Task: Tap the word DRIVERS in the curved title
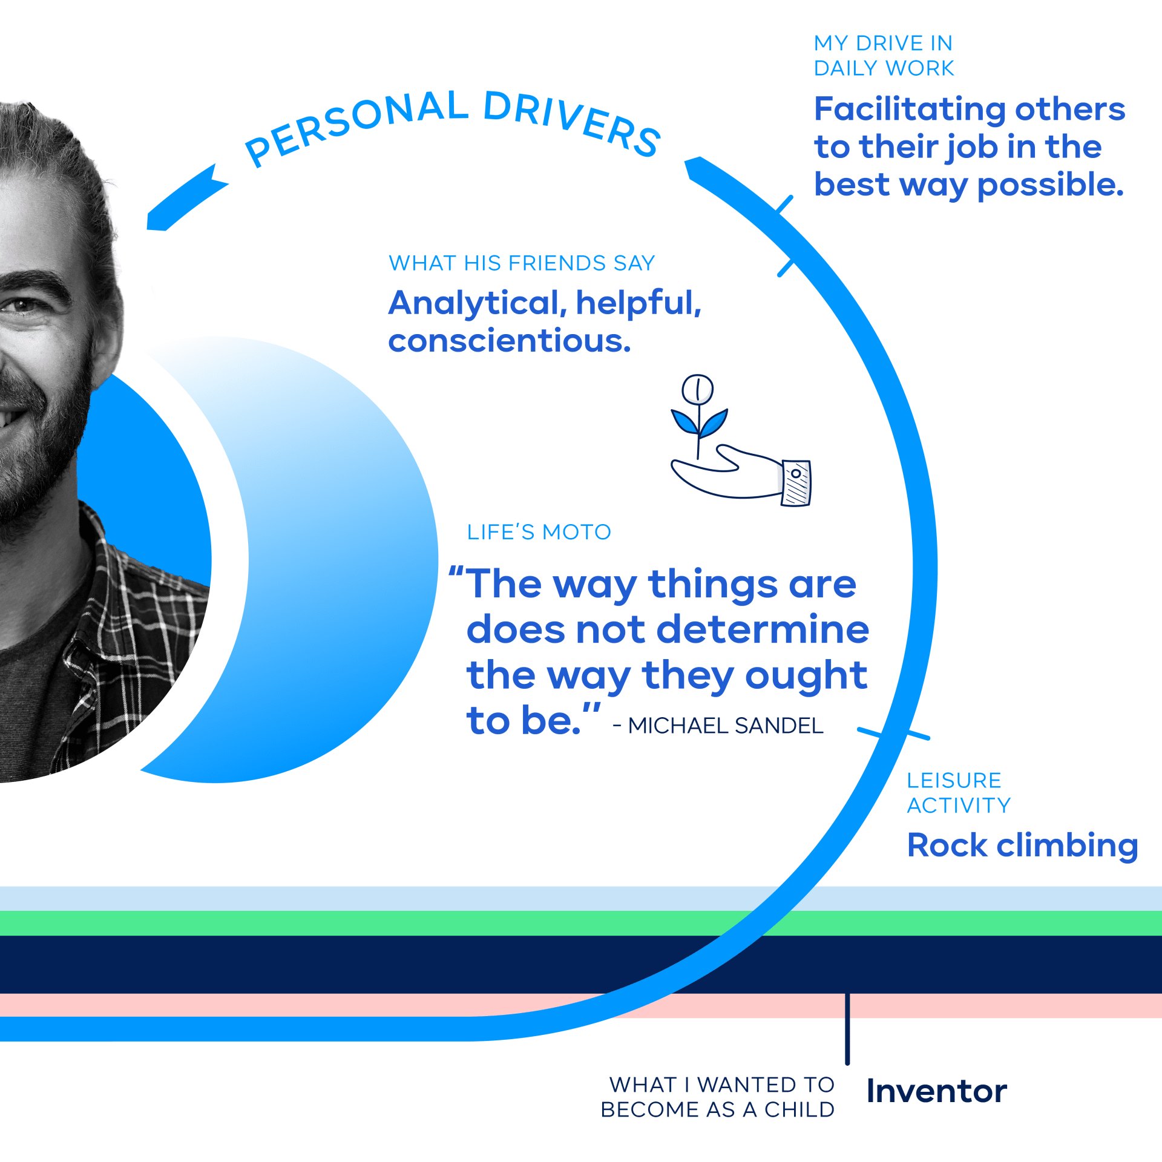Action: (x=572, y=121)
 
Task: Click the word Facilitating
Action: (x=910, y=110)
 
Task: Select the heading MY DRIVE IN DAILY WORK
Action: (x=884, y=56)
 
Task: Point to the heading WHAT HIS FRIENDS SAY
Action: (x=522, y=263)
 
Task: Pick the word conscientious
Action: (x=510, y=341)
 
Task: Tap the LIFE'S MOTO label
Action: (x=539, y=532)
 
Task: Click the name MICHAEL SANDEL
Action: (x=725, y=726)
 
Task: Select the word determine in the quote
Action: (x=763, y=629)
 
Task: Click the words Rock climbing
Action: (x=1022, y=845)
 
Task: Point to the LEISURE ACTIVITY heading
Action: (x=959, y=793)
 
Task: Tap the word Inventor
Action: (x=937, y=1091)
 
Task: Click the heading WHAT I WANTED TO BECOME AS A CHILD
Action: (x=718, y=1097)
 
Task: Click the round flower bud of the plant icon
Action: (x=697, y=390)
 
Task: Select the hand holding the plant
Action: (x=726, y=472)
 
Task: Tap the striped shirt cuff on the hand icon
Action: (x=796, y=483)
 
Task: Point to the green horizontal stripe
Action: (x=581, y=923)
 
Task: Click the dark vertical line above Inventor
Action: (x=847, y=1029)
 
